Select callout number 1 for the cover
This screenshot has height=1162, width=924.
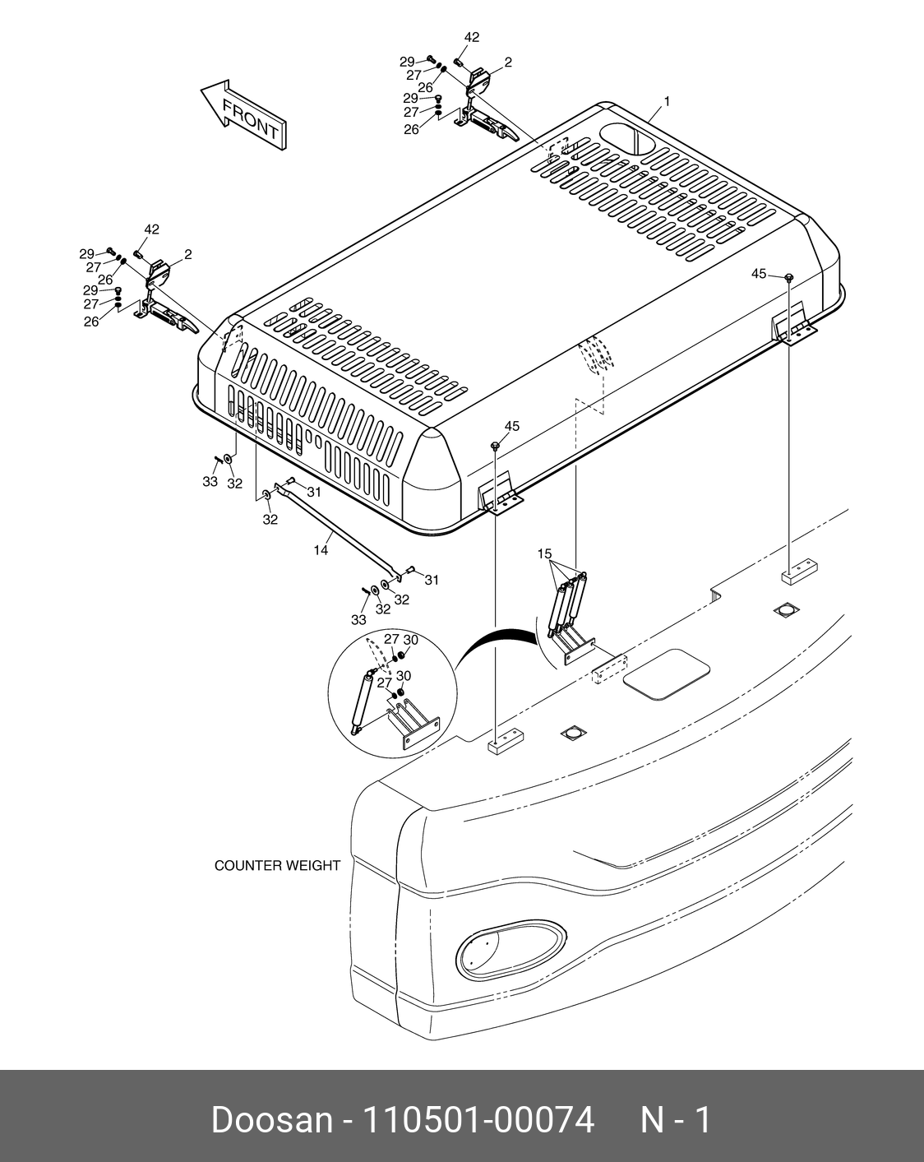(x=667, y=102)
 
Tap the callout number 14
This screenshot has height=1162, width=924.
(x=321, y=550)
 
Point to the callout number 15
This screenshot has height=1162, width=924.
(x=544, y=553)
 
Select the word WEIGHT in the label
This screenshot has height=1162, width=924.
(x=312, y=865)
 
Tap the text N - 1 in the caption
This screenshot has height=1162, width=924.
(x=676, y=1120)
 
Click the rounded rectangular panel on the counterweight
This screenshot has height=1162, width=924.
(x=667, y=674)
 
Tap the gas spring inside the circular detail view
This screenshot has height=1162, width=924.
(x=362, y=702)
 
